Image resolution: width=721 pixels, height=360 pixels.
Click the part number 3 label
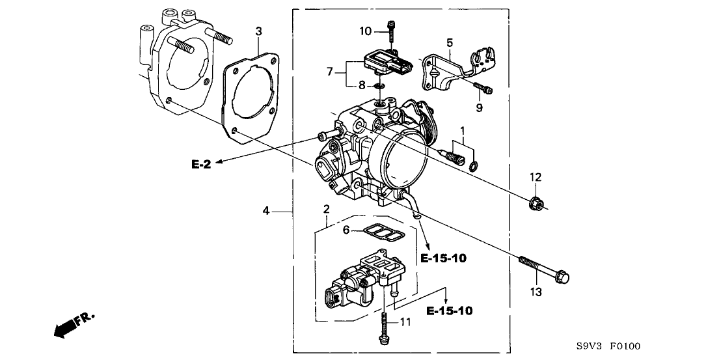[x=258, y=31]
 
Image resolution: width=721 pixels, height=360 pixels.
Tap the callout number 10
[x=366, y=31]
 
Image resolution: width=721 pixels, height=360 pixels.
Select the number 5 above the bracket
[x=449, y=42]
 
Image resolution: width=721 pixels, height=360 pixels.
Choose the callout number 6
[x=347, y=229]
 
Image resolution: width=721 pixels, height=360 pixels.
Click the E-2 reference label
[x=201, y=165]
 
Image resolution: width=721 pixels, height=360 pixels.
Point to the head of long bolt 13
[x=564, y=278]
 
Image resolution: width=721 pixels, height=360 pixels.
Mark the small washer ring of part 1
[x=473, y=163]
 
